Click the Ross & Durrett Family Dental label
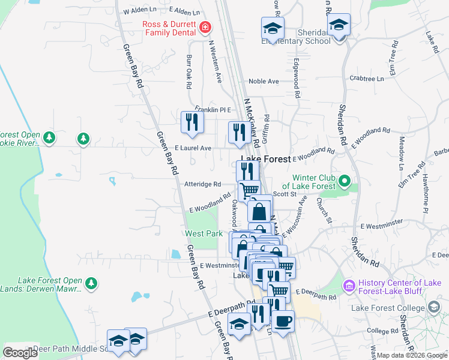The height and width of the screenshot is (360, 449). [x=170, y=28]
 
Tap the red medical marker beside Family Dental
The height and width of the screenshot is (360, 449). [x=205, y=28]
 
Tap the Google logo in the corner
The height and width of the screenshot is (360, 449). [x=20, y=353]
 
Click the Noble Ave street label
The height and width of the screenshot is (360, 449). [x=264, y=81]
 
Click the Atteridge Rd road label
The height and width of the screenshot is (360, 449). [x=203, y=184]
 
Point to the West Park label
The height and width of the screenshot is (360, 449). [x=203, y=233]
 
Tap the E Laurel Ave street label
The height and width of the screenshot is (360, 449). [x=193, y=148]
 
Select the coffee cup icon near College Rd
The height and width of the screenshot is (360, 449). [x=283, y=320]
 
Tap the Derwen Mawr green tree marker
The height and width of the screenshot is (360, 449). [x=91, y=282]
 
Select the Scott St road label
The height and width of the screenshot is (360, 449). [x=285, y=194]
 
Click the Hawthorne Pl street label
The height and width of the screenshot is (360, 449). [x=425, y=193]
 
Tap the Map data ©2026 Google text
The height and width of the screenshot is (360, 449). [x=411, y=355]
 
